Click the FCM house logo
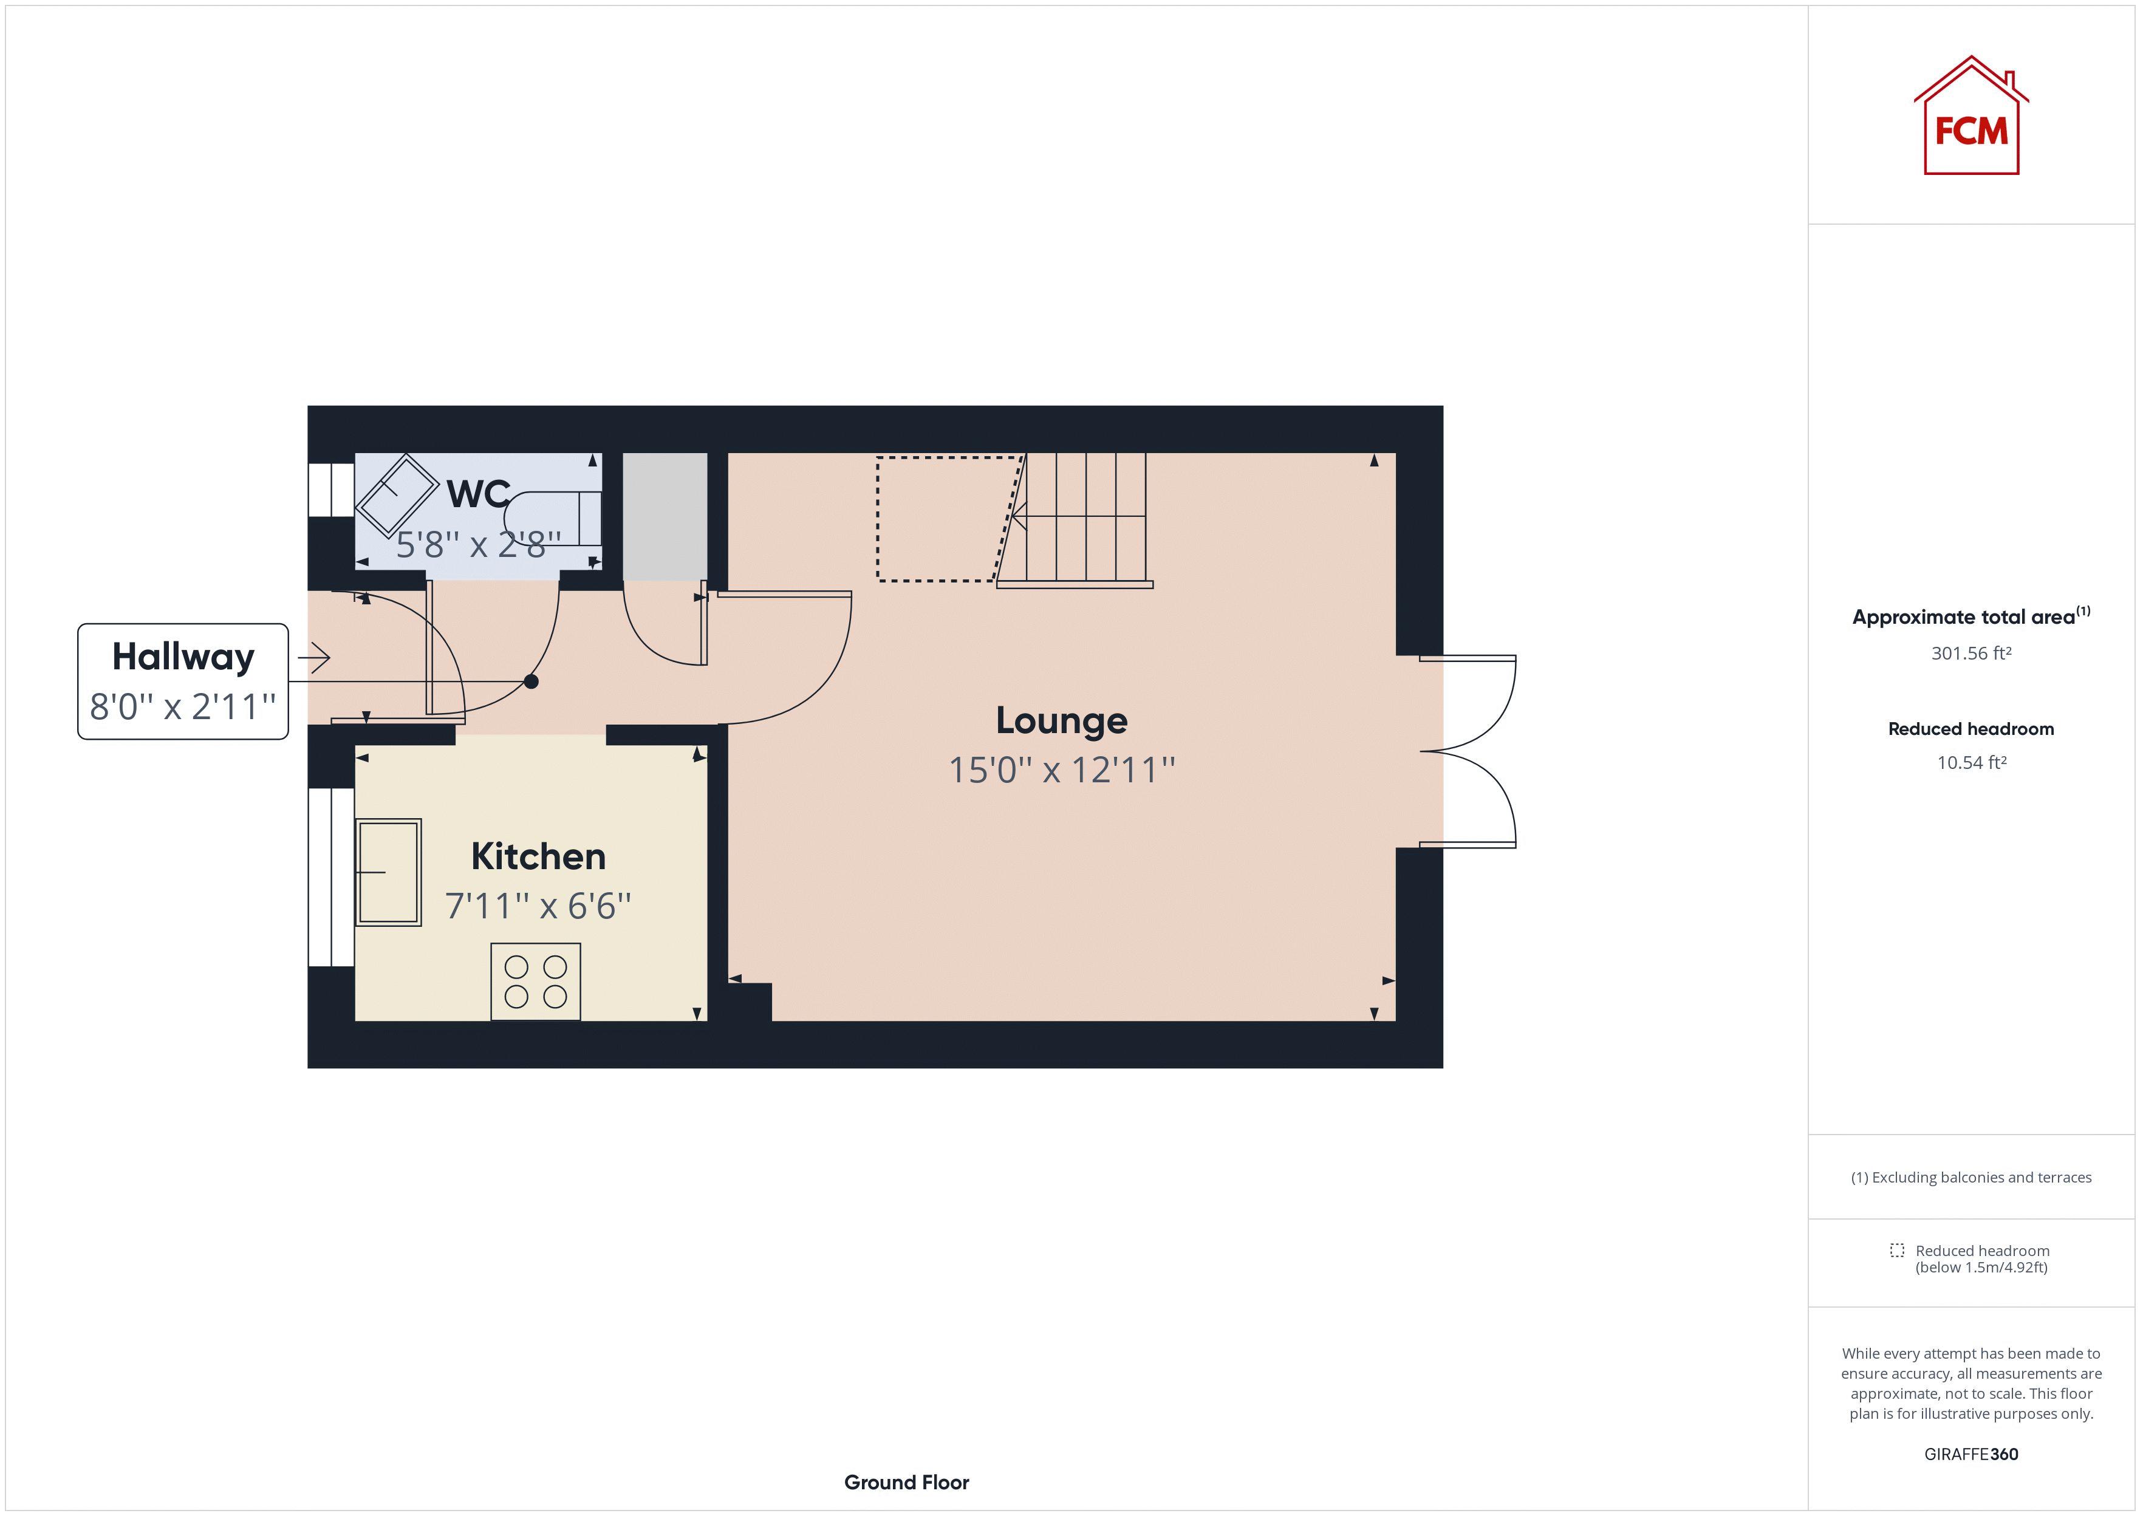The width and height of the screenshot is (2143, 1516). tap(1971, 116)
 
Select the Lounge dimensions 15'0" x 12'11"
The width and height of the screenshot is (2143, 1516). tap(1061, 770)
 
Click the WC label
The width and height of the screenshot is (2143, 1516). tap(478, 494)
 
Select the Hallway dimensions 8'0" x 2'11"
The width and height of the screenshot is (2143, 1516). tap(183, 706)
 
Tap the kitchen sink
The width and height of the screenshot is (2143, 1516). tap(388, 872)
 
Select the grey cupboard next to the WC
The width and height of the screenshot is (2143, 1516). tap(665, 516)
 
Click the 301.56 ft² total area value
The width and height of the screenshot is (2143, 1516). tap(1971, 654)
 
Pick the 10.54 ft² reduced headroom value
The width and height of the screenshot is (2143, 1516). tap(1971, 763)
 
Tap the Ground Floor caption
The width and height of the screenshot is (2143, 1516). tap(906, 1483)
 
